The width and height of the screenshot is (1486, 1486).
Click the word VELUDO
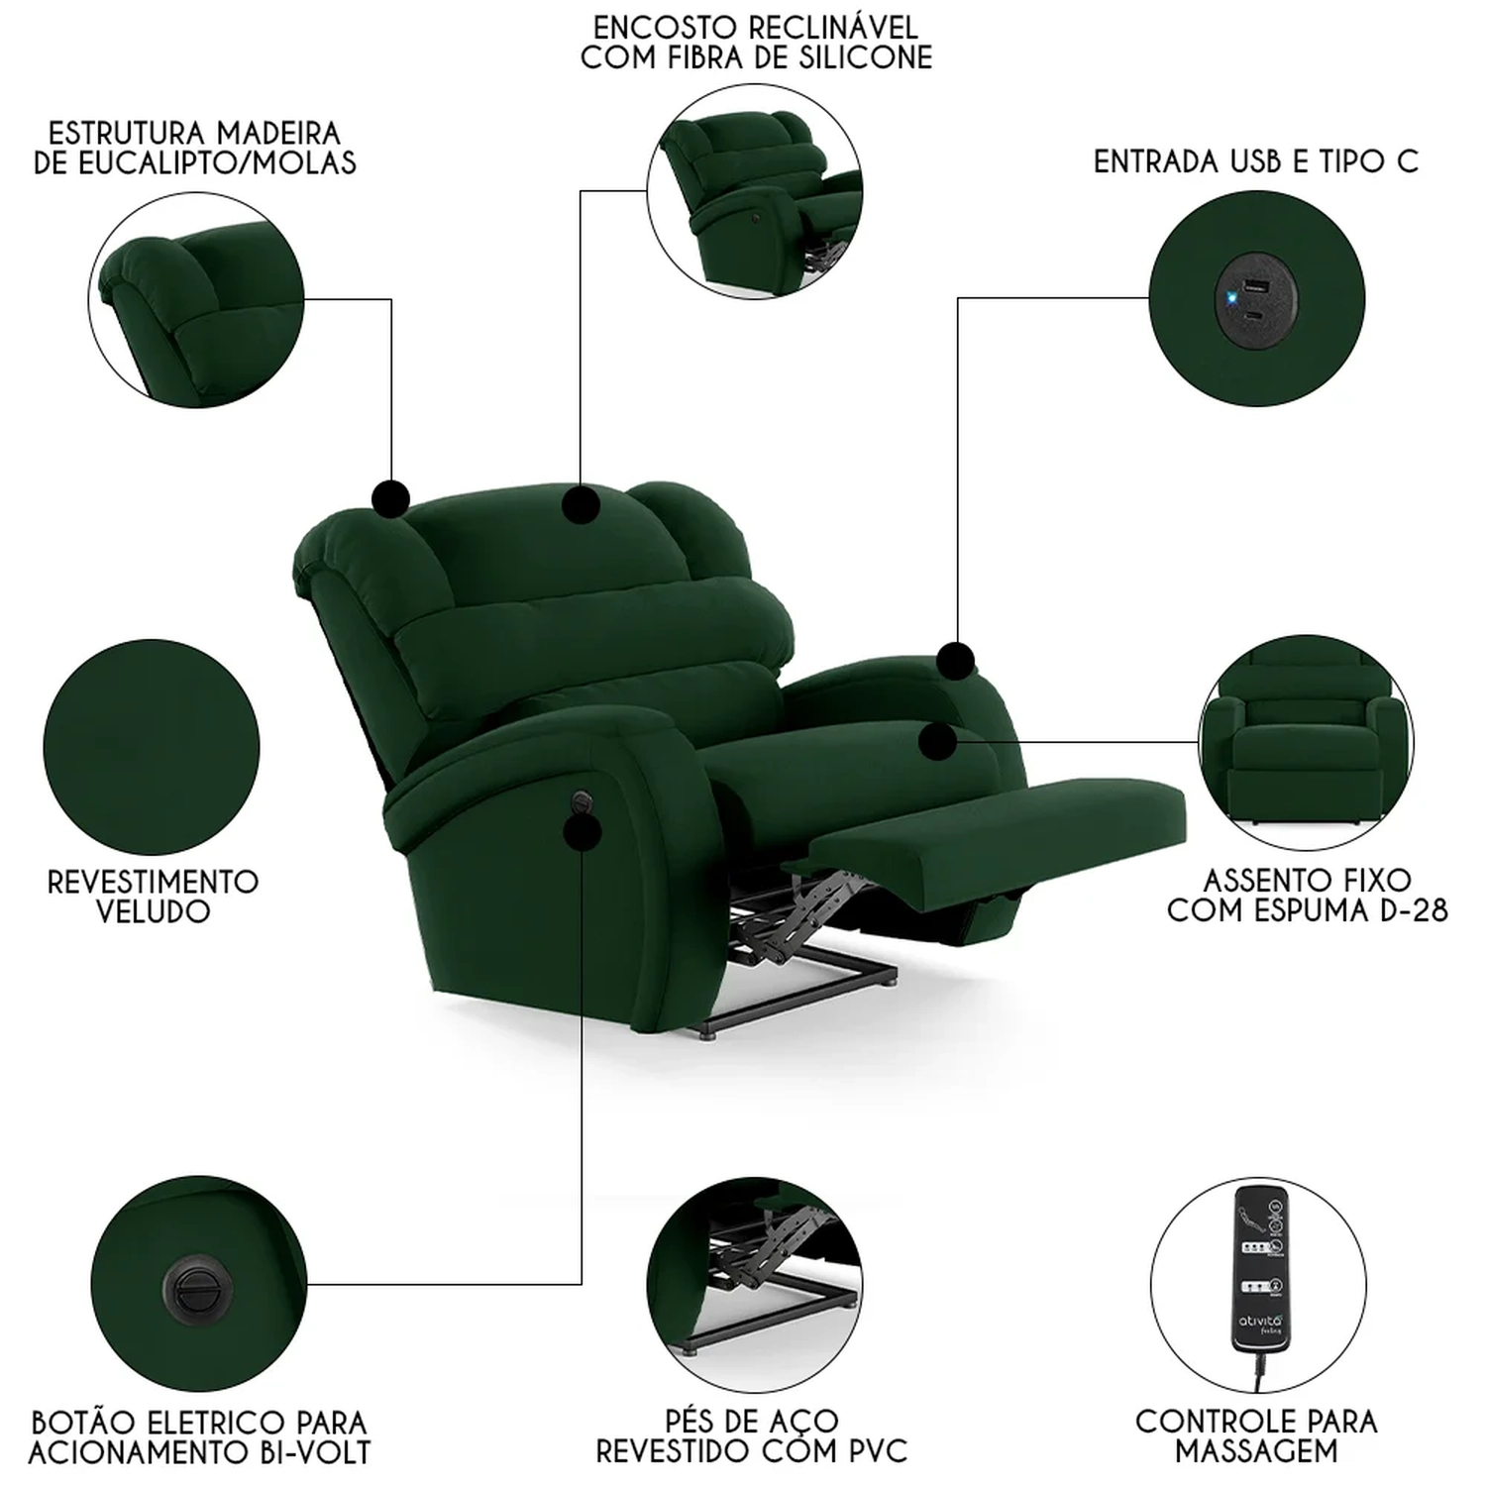154,911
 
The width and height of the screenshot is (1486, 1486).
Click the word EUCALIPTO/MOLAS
195,162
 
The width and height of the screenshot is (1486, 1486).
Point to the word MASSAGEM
1256,1451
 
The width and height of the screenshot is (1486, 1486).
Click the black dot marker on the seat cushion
937,740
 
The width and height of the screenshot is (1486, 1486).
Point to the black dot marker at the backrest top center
581,504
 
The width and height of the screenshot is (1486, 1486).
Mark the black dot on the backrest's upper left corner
391,497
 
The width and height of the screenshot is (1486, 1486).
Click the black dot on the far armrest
956,660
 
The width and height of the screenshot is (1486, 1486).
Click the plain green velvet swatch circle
152,747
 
